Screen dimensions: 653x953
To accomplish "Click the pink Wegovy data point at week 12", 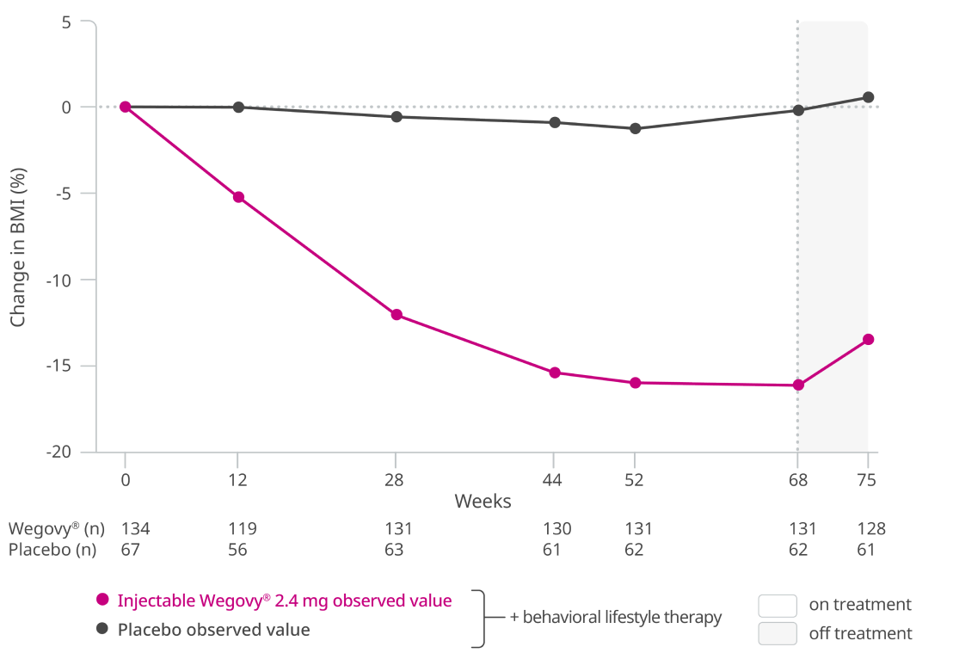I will coord(238,197).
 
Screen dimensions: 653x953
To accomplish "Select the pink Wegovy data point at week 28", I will coord(397,314).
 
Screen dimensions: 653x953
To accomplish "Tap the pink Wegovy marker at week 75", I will coord(869,339).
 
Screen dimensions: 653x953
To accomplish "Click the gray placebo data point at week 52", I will coord(635,128).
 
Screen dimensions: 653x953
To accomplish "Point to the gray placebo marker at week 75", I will coord(869,97).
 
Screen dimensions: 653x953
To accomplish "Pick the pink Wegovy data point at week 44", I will coord(555,373).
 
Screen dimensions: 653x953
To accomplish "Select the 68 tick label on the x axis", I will coord(797,481).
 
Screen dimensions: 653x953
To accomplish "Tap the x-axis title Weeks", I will coord(483,501).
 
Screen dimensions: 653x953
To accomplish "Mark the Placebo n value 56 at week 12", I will coord(237,550).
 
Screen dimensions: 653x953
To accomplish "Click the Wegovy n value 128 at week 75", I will coord(870,529).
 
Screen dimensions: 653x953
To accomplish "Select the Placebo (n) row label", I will coord(52,550).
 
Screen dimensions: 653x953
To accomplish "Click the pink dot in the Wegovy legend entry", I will coord(102,601).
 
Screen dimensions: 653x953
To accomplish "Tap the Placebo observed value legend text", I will coord(213,630).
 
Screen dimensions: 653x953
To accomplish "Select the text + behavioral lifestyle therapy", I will coord(615,618).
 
